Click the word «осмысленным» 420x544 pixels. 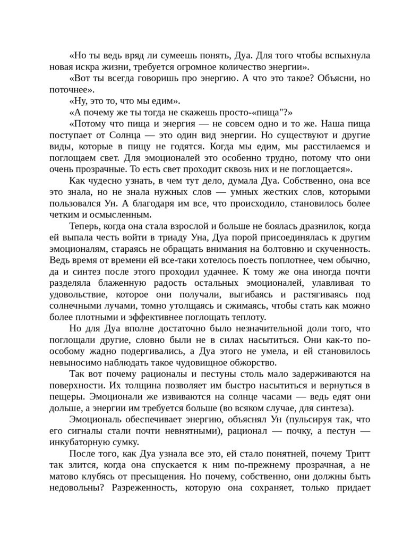point(122,215)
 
